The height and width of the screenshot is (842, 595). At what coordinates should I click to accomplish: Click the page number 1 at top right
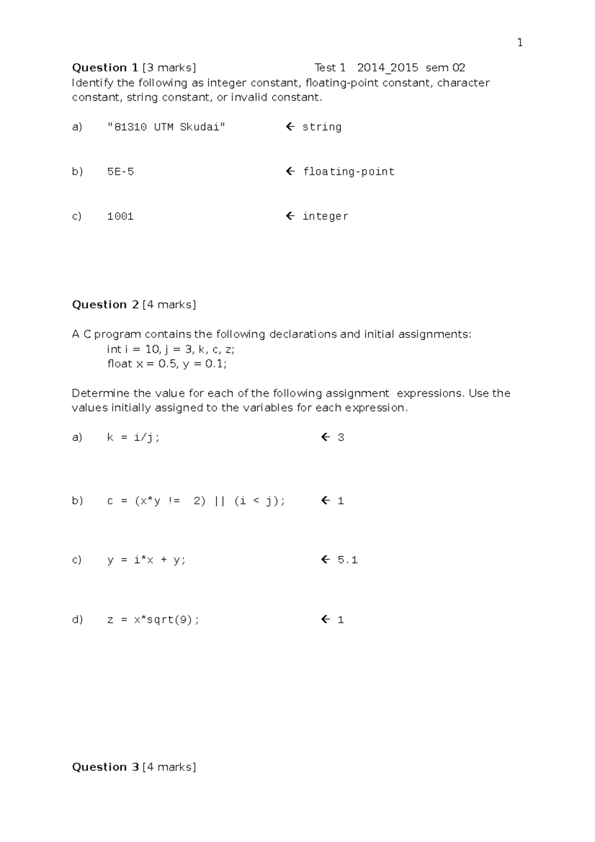point(520,43)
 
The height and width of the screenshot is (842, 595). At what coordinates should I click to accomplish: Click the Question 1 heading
point(105,67)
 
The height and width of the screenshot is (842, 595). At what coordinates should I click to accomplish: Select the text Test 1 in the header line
point(330,67)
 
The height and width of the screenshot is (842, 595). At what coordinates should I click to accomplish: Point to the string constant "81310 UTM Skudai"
point(166,127)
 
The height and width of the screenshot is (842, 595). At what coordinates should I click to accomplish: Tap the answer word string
point(322,127)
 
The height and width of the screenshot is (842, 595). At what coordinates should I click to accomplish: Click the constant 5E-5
point(120,172)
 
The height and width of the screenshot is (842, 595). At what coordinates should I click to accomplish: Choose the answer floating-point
point(349,172)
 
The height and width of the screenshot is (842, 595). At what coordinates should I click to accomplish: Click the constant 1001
point(120,216)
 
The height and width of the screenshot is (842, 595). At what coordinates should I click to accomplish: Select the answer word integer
point(325,216)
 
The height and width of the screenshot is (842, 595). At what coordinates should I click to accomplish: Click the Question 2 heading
point(105,304)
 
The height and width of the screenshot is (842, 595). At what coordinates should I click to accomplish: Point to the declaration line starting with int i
point(171,349)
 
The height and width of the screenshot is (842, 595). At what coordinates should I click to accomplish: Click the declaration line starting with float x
point(167,363)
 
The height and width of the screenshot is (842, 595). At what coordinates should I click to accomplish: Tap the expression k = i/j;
point(133,437)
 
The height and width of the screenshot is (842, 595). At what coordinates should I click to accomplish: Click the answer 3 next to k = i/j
point(341,437)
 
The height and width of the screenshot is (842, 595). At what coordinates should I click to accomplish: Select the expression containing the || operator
point(196,501)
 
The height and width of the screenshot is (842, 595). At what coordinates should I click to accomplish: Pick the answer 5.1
point(347,560)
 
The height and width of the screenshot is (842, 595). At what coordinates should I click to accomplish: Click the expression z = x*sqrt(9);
point(153,619)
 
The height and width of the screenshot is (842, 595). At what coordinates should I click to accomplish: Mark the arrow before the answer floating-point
point(291,172)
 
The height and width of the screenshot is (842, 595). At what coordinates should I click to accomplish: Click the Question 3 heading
point(105,767)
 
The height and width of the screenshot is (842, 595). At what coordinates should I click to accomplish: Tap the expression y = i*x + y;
point(146,560)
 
